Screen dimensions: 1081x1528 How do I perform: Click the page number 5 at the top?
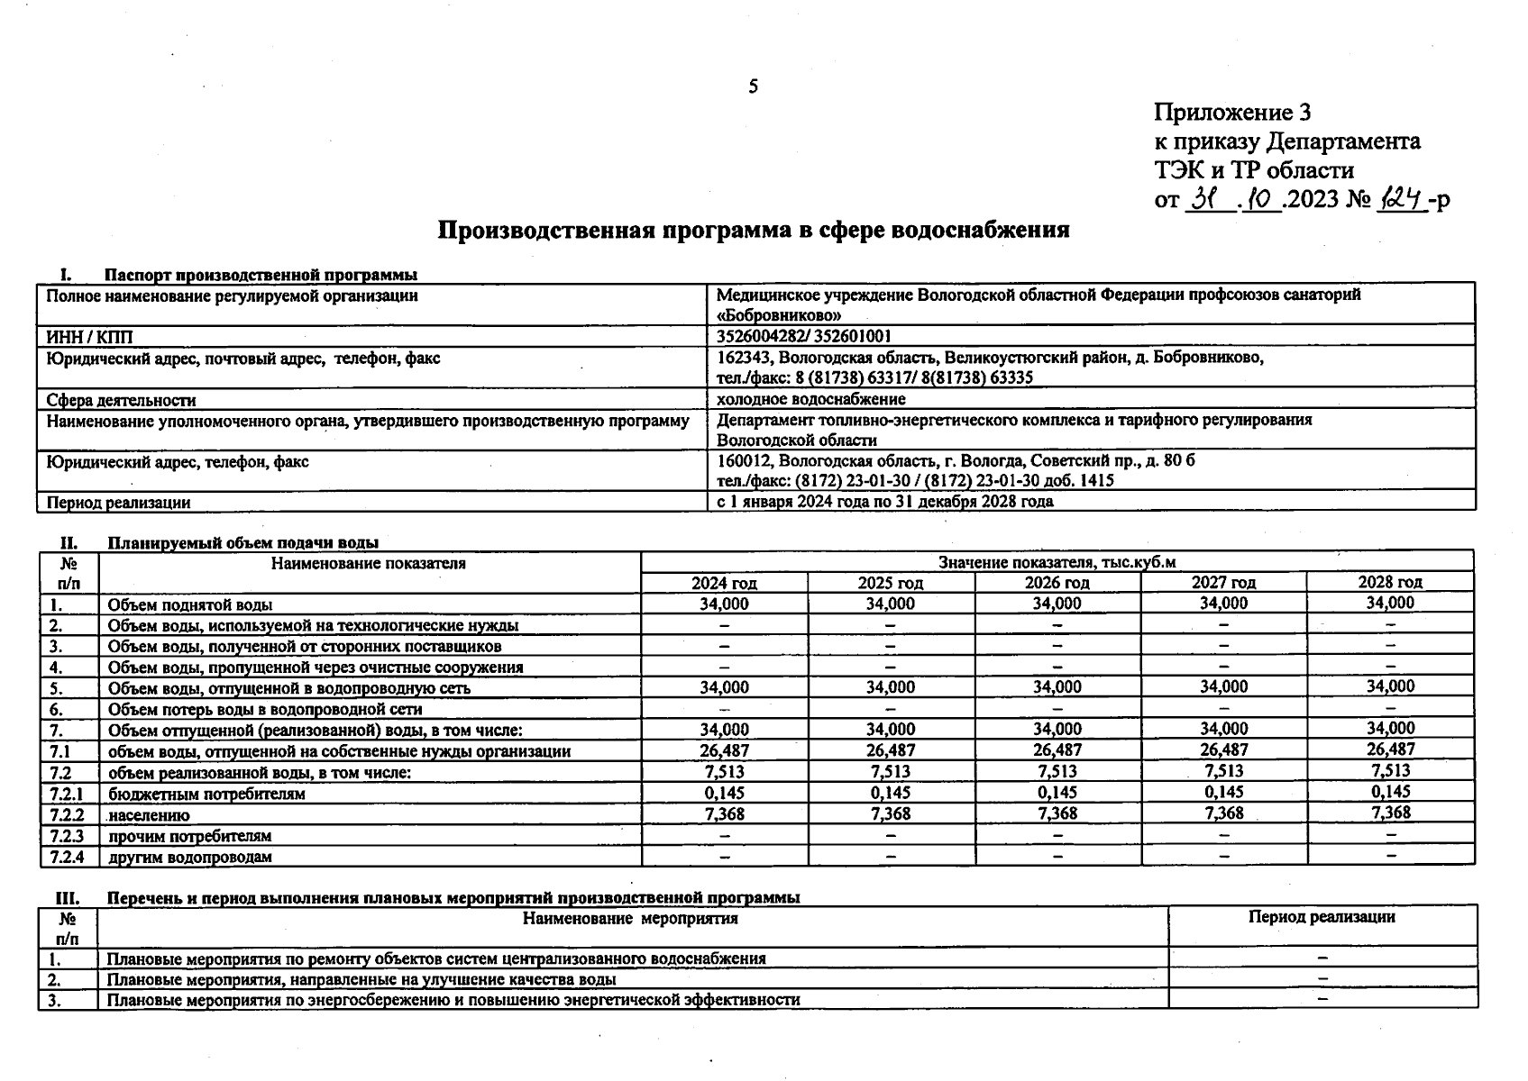pyautogui.click(x=753, y=87)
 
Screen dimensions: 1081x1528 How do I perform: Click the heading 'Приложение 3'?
pyautogui.click(x=1231, y=113)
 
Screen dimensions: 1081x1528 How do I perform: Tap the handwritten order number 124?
pyautogui.click(x=1400, y=197)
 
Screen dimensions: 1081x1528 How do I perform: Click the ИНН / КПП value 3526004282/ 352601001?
pyautogui.click(x=804, y=337)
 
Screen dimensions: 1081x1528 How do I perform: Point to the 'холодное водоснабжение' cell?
pyautogui.click(x=810, y=399)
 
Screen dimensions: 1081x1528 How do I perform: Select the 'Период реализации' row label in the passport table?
pyautogui.click(x=118, y=503)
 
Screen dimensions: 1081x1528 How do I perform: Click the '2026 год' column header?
pyautogui.click(x=1057, y=583)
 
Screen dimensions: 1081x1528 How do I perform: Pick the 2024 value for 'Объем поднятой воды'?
pyautogui.click(x=724, y=604)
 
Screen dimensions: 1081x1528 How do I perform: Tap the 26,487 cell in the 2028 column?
pyautogui.click(x=1390, y=749)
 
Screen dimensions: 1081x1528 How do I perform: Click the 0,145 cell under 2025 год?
pyautogui.click(x=890, y=793)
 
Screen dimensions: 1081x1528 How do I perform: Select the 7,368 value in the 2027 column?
pyautogui.click(x=1223, y=813)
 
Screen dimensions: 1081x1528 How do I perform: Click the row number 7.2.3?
pyautogui.click(x=68, y=836)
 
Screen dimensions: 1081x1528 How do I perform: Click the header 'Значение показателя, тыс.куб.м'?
pyautogui.click(x=1057, y=562)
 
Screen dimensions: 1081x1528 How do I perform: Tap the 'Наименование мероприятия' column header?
pyautogui.click(x=630, y=919)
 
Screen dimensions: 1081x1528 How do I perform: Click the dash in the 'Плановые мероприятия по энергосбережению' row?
pyautogui.click(x=1322, y=998)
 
